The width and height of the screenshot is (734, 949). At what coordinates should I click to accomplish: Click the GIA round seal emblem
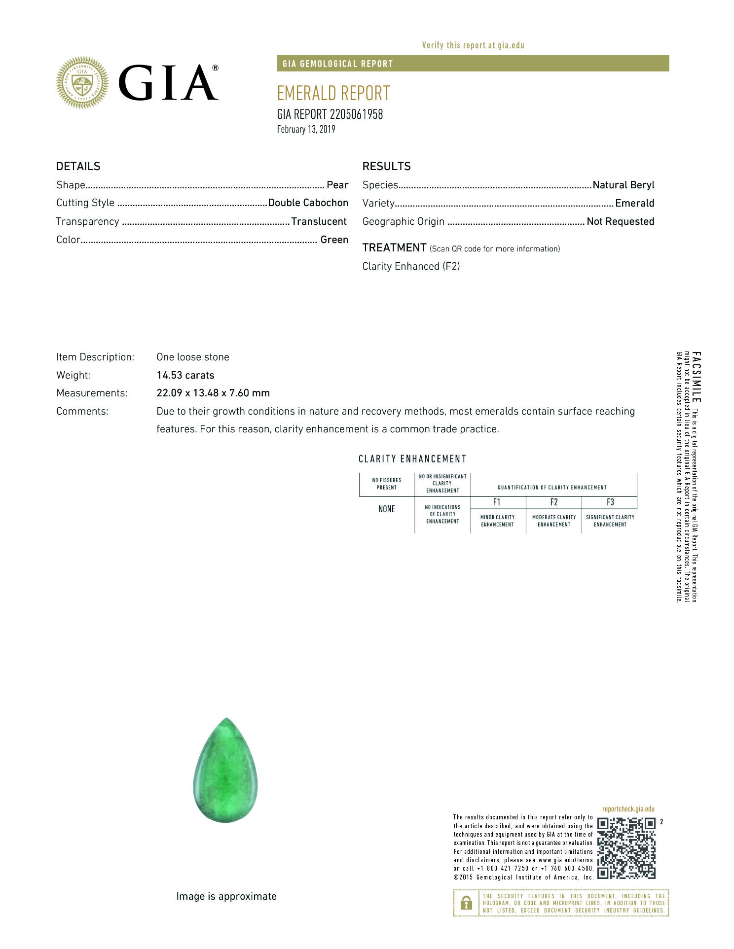(82, 82)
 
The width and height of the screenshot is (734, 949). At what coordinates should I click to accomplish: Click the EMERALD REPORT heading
(333, 93)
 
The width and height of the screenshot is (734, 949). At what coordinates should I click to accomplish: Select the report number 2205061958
(356, 114)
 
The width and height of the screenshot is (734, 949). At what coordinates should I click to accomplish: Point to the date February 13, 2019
(306, 129)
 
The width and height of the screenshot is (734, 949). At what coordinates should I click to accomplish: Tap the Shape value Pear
(337, 185)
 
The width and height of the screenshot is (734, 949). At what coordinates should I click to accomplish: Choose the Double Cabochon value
(308, 203)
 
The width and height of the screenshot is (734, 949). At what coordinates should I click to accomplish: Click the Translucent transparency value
(319, 221)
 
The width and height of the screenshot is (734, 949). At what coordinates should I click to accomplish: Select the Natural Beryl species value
(623, 185)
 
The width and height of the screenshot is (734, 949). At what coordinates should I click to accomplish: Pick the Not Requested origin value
(620, 221)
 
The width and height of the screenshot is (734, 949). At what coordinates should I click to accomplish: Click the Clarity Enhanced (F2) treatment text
(411, 266)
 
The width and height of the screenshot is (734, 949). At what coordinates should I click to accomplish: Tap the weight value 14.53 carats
(185, 375)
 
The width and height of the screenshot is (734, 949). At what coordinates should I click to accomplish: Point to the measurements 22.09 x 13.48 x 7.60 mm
(213, 393)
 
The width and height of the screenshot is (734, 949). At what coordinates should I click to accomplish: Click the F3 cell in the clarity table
(610, 502)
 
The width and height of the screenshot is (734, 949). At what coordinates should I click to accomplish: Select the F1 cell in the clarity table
(497, 502)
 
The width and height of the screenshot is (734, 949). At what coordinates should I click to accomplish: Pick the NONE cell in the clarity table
(387, 509)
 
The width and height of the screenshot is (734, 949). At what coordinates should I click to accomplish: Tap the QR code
(626, 848)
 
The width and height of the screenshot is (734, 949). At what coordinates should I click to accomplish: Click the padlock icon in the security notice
(466, 903)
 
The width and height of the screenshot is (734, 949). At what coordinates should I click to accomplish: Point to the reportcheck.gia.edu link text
(628, 809)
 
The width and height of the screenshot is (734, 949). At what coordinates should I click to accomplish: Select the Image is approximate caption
(226, 896)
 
